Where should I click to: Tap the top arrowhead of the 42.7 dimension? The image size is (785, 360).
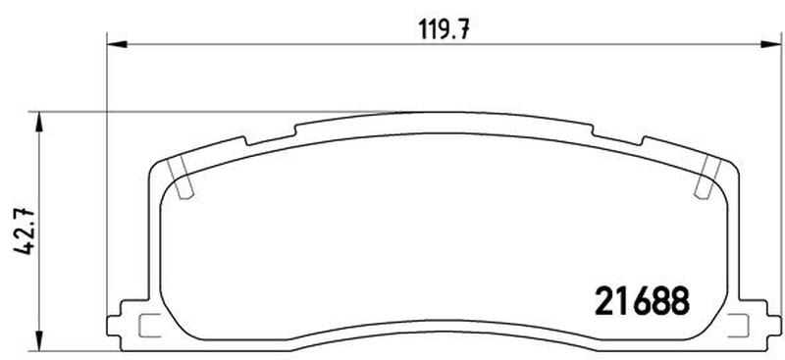38,119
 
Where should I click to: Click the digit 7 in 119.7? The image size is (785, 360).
457,28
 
